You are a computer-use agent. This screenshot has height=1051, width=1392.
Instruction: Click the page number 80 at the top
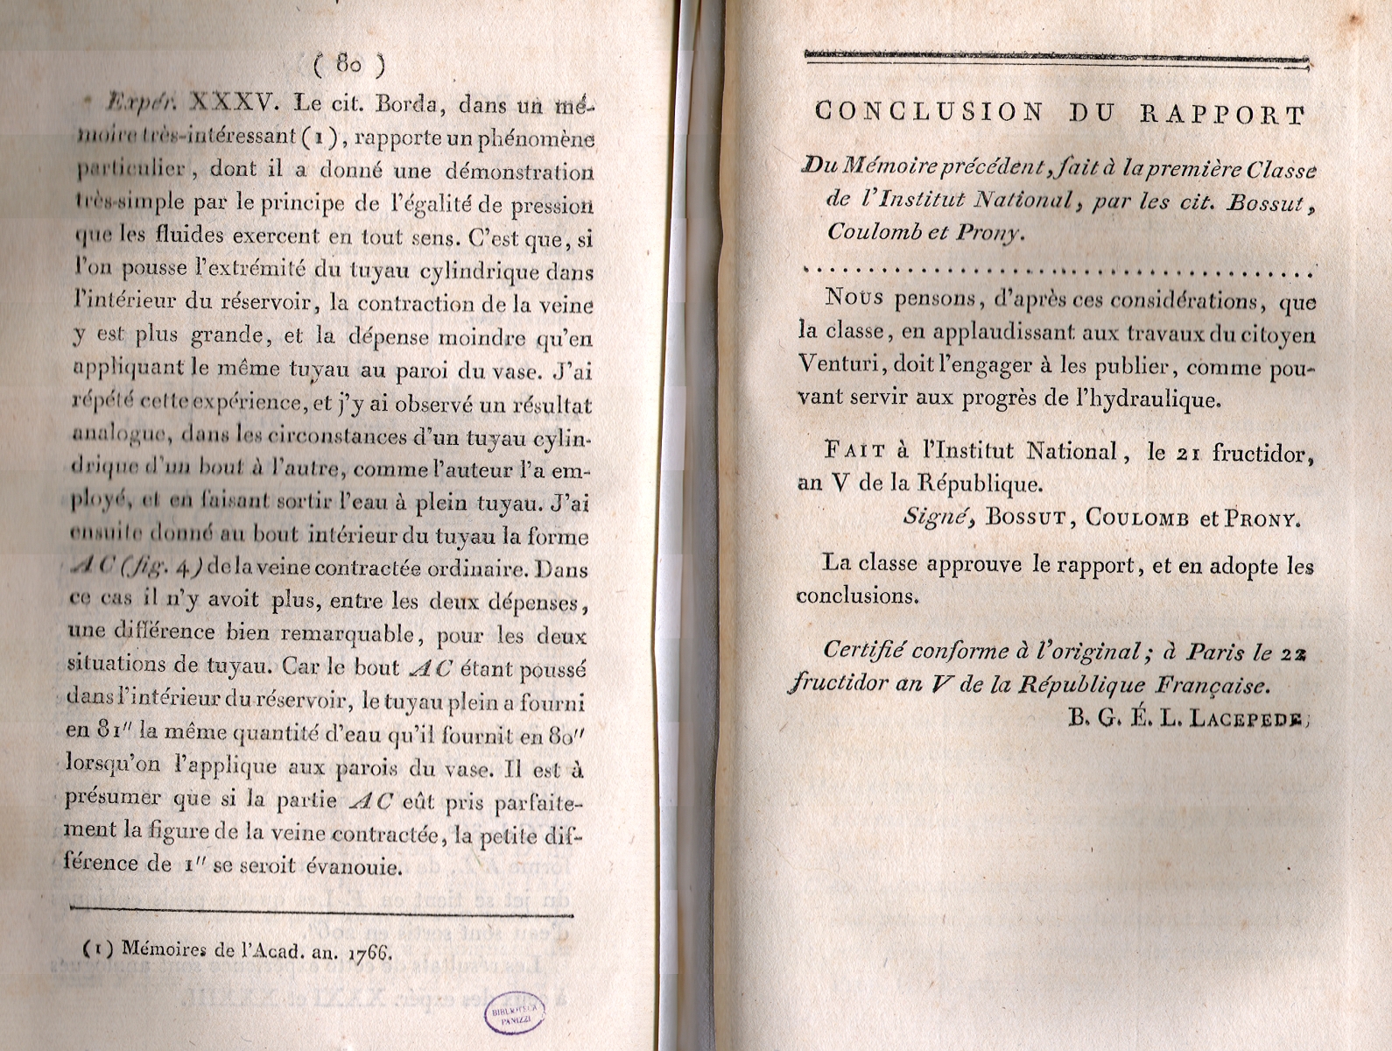(x=348, y=64)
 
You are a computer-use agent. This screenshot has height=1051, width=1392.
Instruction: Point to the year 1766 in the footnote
(x=369, y=949)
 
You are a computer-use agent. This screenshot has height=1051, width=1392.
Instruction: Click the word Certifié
(x=862, y=652)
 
